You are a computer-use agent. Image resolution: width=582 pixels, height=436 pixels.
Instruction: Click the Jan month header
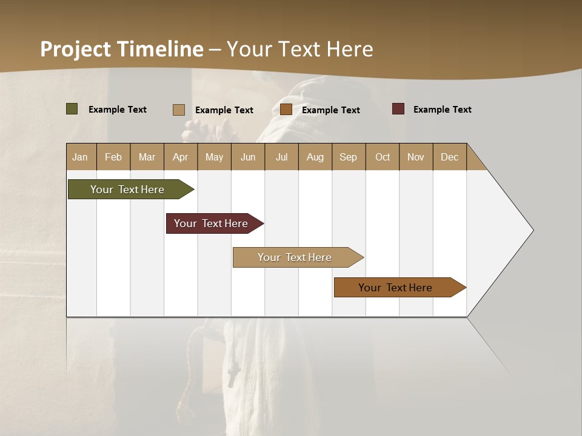click(81, 157)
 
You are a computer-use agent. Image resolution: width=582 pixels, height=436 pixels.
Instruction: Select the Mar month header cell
click(147, 157)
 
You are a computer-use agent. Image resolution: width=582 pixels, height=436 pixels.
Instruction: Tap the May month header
click(214, 157)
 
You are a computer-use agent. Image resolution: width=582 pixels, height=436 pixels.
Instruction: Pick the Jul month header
click(281, 157)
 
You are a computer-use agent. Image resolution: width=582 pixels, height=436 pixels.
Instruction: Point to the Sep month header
click(348, 157)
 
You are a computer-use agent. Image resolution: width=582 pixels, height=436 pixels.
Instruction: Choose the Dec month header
click(449, 157)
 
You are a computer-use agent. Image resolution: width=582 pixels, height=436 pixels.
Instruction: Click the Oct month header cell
click(383, 157)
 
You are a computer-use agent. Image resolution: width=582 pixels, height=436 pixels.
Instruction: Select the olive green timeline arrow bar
click(127, 190)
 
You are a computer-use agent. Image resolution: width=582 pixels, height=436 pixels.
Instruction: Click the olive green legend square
click(72, 109)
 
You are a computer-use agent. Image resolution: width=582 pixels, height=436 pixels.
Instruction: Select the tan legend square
click(179, 110)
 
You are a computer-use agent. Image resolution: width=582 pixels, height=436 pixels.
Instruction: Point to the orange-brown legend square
click(286, 110)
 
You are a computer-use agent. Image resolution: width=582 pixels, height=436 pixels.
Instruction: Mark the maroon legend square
click(398, 109)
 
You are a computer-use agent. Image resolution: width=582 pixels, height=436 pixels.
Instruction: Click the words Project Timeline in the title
click(121, 49)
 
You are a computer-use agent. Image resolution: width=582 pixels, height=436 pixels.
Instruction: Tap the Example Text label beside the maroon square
click(442, 110)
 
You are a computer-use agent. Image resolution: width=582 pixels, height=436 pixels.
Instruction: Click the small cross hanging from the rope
click(232, 376)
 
